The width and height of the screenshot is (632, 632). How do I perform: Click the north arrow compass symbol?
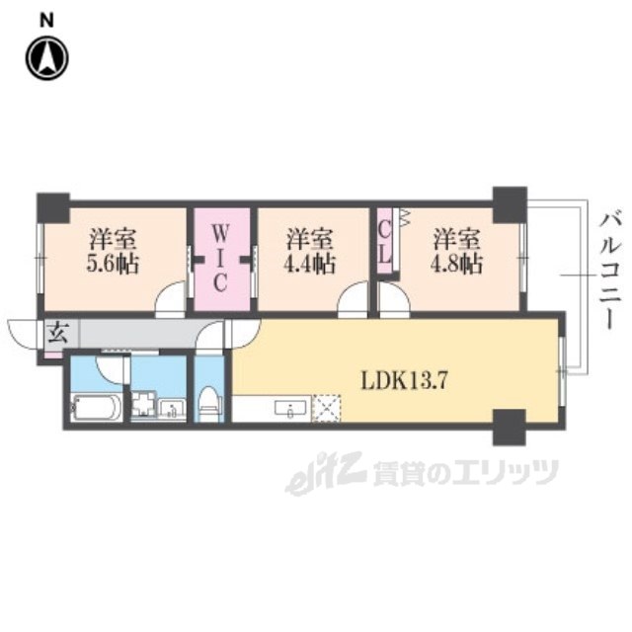click(x=46, y=57)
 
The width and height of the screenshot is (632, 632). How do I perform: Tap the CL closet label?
click(x=385, y=240)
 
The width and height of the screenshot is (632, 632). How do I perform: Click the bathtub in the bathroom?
click(x=97, y=407)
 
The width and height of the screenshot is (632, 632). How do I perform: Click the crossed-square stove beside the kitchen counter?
click(x=326, y=408)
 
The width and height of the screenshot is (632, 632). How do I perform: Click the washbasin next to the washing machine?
click(x=172, y=408)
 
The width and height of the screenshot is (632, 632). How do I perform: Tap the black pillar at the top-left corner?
click(x=52, y=207)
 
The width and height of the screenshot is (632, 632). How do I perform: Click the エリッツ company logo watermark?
click(x=425, y=477)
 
